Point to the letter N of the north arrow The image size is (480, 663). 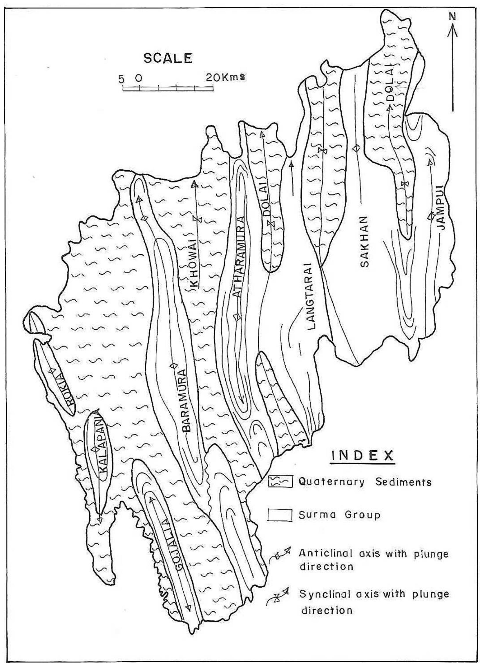click(452, 17)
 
